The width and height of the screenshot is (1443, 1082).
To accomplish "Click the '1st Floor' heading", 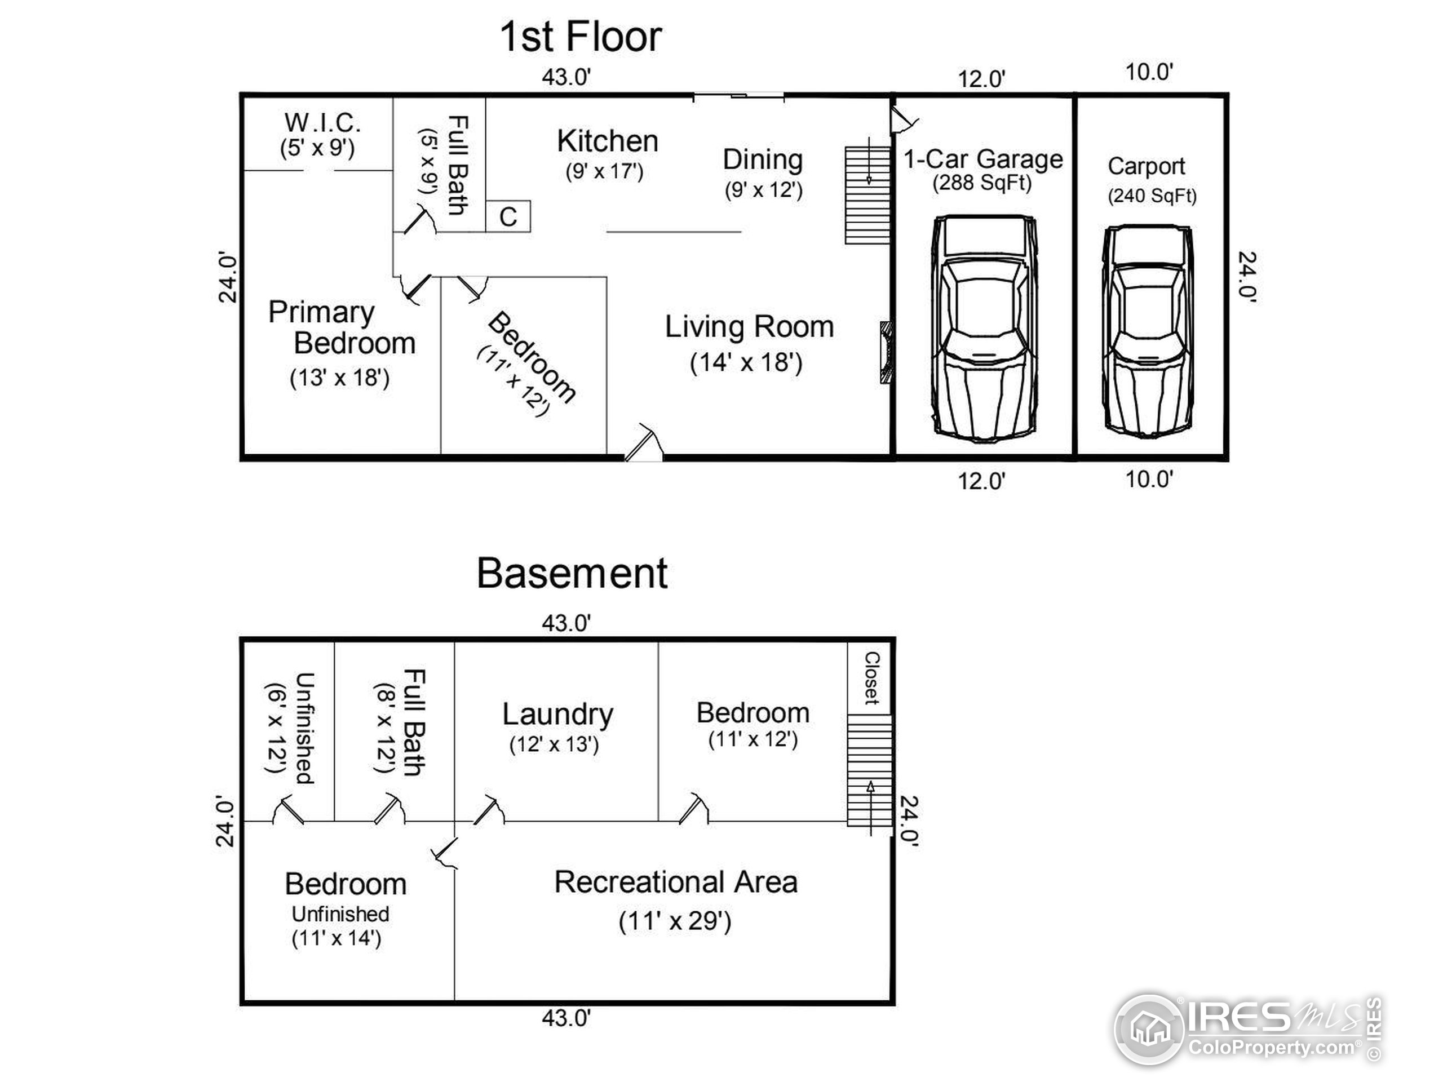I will pyautogui.click(x=580, y=37).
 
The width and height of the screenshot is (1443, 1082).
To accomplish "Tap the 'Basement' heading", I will pyautogui.click(x=572, y=574).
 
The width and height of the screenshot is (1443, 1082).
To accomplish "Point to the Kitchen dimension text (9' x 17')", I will pyautogui.click(x=605, y=171).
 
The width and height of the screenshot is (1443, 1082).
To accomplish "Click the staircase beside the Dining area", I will pyautogui.click(x=867, y=195).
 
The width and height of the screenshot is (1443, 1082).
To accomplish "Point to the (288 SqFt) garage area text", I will pyautogui.click(x=982, y=183).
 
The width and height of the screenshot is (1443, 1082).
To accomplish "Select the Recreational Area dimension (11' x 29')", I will pyautogui.click(x=675, y=921).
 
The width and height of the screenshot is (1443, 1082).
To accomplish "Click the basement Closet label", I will pyautogui.click(x=871, y=679).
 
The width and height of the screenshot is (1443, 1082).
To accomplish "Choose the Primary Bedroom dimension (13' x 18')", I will pyautogui.click(x=339, y=378).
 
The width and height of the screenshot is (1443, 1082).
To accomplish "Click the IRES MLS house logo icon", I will pyautogui.click(x=1149, y=1029).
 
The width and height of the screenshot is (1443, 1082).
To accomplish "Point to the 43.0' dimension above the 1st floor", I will pyautogui.click(x=566, y=77).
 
